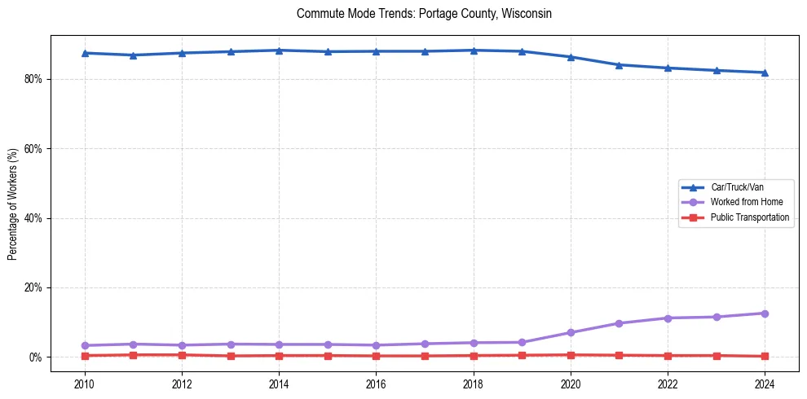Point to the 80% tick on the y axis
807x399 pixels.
(x=35, y=79)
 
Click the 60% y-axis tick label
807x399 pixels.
(x=35, y=149)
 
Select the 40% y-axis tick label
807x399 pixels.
(x=35, y=218)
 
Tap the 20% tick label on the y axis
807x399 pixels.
(x=35, y=288)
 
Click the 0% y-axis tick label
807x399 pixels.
(x=37, y=357)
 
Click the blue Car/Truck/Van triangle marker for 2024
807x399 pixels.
(x=765, y=72)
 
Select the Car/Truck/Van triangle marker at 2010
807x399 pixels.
(x=84, y=53)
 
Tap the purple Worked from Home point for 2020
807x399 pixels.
(x=571, y=332)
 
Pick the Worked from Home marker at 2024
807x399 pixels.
(x=765, y=313)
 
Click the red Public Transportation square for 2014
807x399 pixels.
(x=279, y=356)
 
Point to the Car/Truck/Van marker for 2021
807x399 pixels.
(x=619, y=64)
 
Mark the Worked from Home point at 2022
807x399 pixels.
(x=668, y=318)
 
